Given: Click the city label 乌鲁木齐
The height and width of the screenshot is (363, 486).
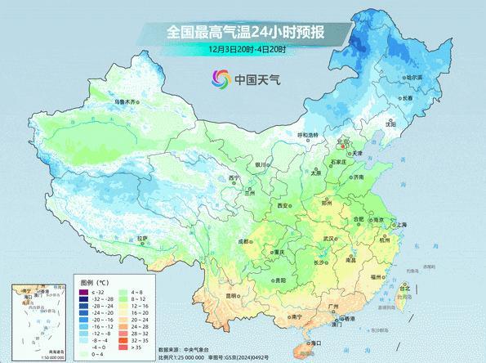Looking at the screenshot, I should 127,101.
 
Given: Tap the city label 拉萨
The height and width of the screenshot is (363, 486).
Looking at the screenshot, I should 143,238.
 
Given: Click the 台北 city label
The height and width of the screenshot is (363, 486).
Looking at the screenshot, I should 403,289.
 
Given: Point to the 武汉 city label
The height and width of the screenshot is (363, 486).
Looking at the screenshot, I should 330,238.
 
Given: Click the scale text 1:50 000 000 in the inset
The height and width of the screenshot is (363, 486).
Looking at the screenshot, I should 23,358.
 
